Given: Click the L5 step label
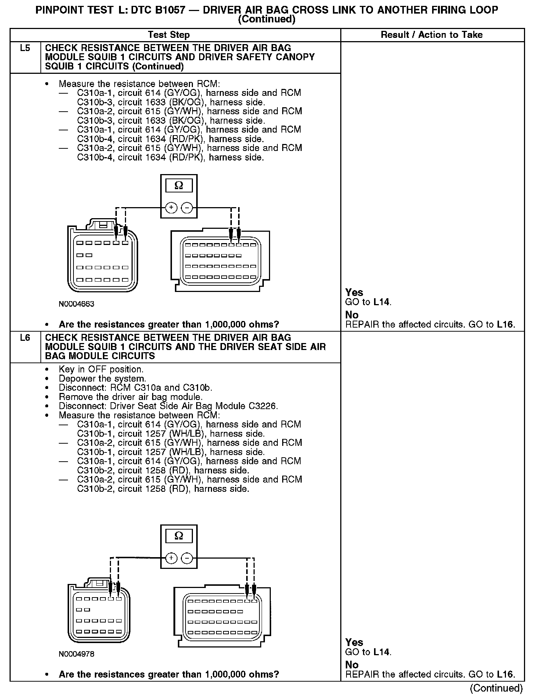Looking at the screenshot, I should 25,48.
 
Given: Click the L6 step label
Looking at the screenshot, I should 25,338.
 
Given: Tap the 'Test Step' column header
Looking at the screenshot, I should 169,35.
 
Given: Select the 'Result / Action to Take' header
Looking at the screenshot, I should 432,35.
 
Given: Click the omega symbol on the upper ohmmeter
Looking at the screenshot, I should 179,186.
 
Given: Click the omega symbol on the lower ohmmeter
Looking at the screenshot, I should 179,536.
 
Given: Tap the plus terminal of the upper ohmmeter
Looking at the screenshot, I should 171,208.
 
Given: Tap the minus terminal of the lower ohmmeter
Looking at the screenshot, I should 187,559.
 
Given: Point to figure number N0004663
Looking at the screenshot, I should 76,304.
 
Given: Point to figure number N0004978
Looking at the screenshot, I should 76,654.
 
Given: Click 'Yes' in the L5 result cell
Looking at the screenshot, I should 354,292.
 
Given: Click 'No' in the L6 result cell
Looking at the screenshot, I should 352,665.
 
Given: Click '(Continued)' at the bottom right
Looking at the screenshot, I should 496,688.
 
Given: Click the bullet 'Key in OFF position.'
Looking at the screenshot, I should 101,369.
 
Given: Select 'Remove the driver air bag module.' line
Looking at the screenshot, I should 130,397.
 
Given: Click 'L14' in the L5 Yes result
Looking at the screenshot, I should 381,302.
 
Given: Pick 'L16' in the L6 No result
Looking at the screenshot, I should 505,674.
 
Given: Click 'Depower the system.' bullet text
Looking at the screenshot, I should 102,379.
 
